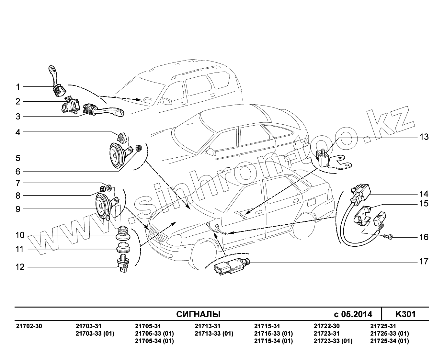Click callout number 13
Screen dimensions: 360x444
424,137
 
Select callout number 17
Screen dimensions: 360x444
424,261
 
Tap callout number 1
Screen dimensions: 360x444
18,87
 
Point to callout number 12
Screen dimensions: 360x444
20,267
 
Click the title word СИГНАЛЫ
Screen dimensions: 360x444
198,314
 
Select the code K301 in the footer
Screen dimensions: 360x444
405,314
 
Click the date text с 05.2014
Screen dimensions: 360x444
353,314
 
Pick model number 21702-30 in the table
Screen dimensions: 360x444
29,326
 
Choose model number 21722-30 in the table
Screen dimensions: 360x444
327,326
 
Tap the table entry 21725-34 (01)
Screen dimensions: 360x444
389,341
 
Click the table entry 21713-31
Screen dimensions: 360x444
208,326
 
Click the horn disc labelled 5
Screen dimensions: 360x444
115,156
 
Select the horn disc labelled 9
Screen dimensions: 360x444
103,206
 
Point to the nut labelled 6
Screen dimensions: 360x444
139,148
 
